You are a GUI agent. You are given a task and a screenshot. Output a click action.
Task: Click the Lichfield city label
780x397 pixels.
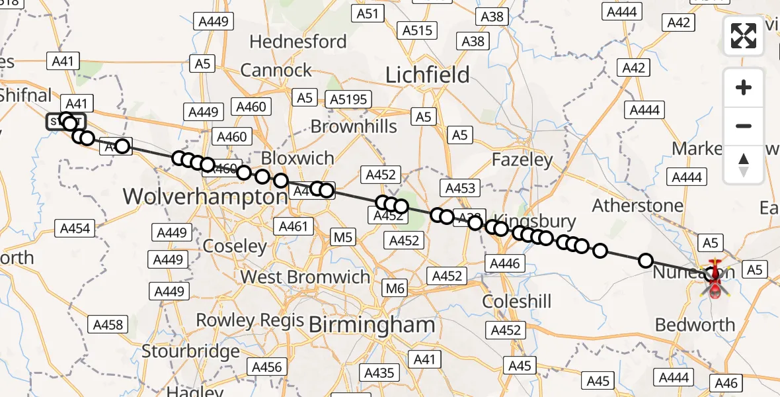427,75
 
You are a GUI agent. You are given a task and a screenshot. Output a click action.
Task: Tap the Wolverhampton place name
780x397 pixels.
206,197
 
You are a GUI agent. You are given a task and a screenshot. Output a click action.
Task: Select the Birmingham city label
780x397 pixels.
371,324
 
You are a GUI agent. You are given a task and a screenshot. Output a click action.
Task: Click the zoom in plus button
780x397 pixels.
744,87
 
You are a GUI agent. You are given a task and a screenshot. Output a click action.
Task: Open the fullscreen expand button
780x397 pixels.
744,36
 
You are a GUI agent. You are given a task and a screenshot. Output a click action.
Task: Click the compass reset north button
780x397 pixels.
744,165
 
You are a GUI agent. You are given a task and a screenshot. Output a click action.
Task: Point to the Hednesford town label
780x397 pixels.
297,41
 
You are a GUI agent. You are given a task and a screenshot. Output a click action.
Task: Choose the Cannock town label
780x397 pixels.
276,70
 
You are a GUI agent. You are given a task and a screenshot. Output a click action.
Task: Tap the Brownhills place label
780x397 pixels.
354,126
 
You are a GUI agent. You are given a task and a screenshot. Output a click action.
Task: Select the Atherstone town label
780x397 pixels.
637,205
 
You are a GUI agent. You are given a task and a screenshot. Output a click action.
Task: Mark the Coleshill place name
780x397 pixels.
516,302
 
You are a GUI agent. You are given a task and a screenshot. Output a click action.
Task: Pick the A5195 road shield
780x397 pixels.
348,99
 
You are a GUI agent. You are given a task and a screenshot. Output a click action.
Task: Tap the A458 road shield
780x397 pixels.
108,324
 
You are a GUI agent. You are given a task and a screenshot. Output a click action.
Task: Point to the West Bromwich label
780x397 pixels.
305,277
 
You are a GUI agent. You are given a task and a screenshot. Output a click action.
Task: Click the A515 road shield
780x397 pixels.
417,30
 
